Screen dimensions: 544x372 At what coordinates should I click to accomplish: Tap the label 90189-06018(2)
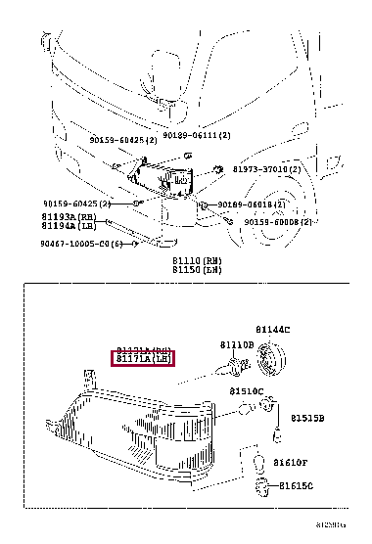pos(252,204)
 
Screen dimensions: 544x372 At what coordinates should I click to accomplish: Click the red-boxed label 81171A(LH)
pos(144,359)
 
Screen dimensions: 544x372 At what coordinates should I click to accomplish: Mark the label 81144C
pos(273,330)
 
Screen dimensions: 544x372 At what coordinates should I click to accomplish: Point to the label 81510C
pos(247,390)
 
